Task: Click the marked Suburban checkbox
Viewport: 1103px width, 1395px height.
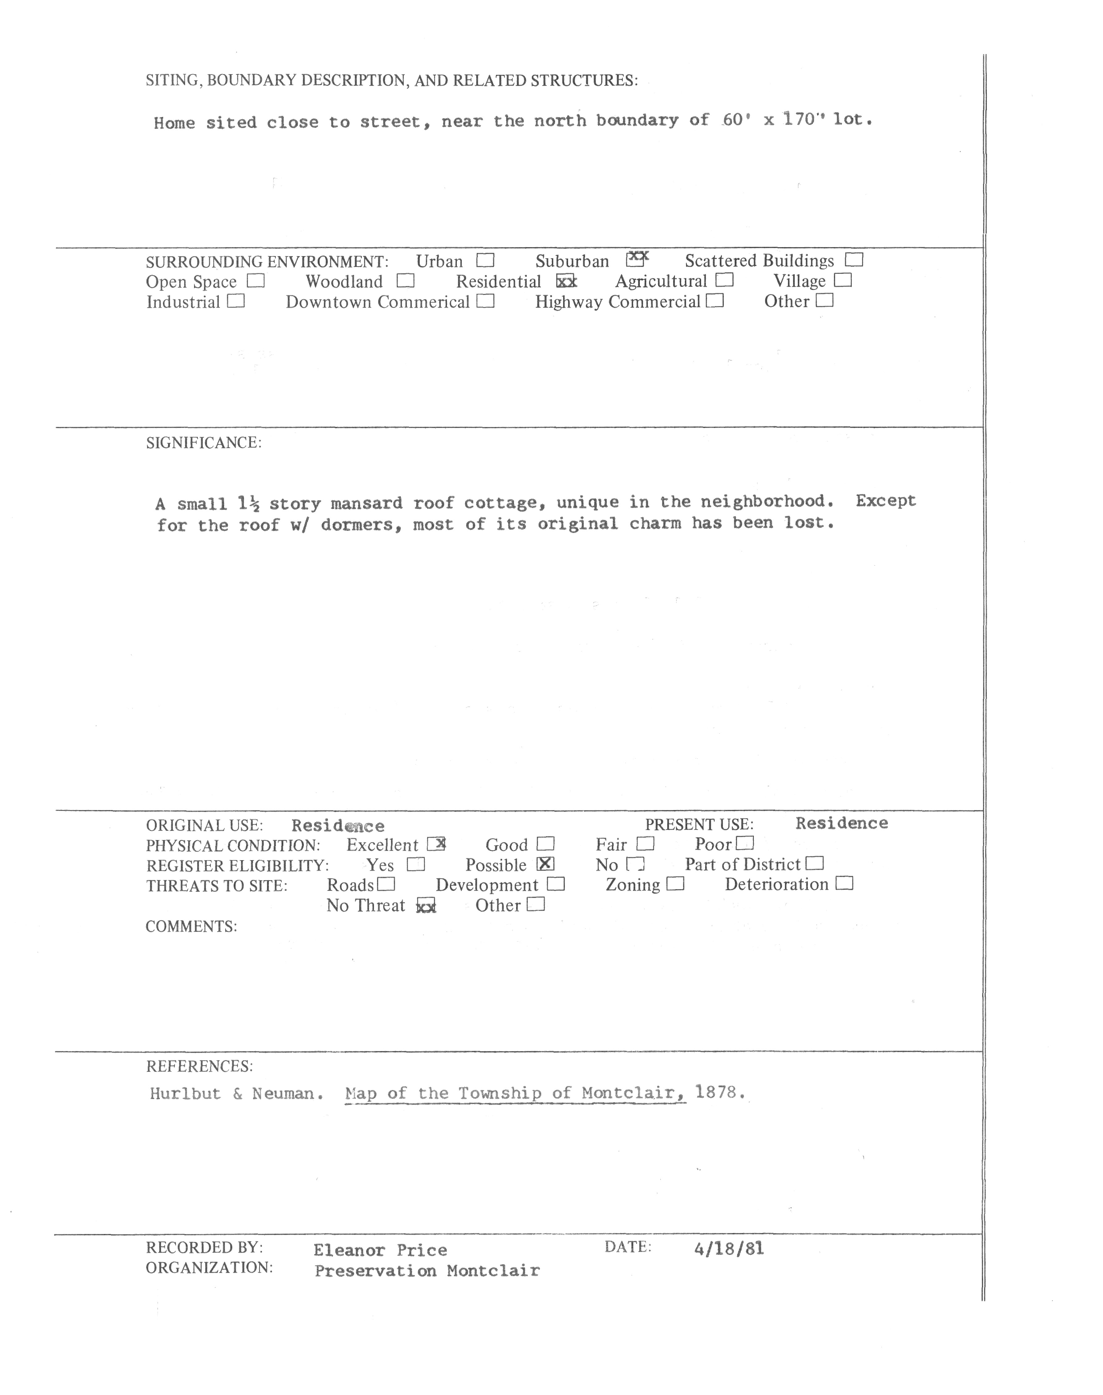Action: pos(635,260)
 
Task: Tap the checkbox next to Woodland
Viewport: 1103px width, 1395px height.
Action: pos(405,281)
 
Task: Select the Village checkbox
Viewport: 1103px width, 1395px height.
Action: pos(843,280)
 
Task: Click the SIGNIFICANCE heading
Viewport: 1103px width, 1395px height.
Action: pos(203,443)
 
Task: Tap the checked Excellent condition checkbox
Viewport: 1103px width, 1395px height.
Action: pos(437,844)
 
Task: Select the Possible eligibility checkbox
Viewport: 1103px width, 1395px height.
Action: pos(546,864)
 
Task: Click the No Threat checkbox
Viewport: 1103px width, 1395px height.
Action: pos(426,906)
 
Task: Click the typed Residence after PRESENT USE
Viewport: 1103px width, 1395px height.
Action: pos(842,823)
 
